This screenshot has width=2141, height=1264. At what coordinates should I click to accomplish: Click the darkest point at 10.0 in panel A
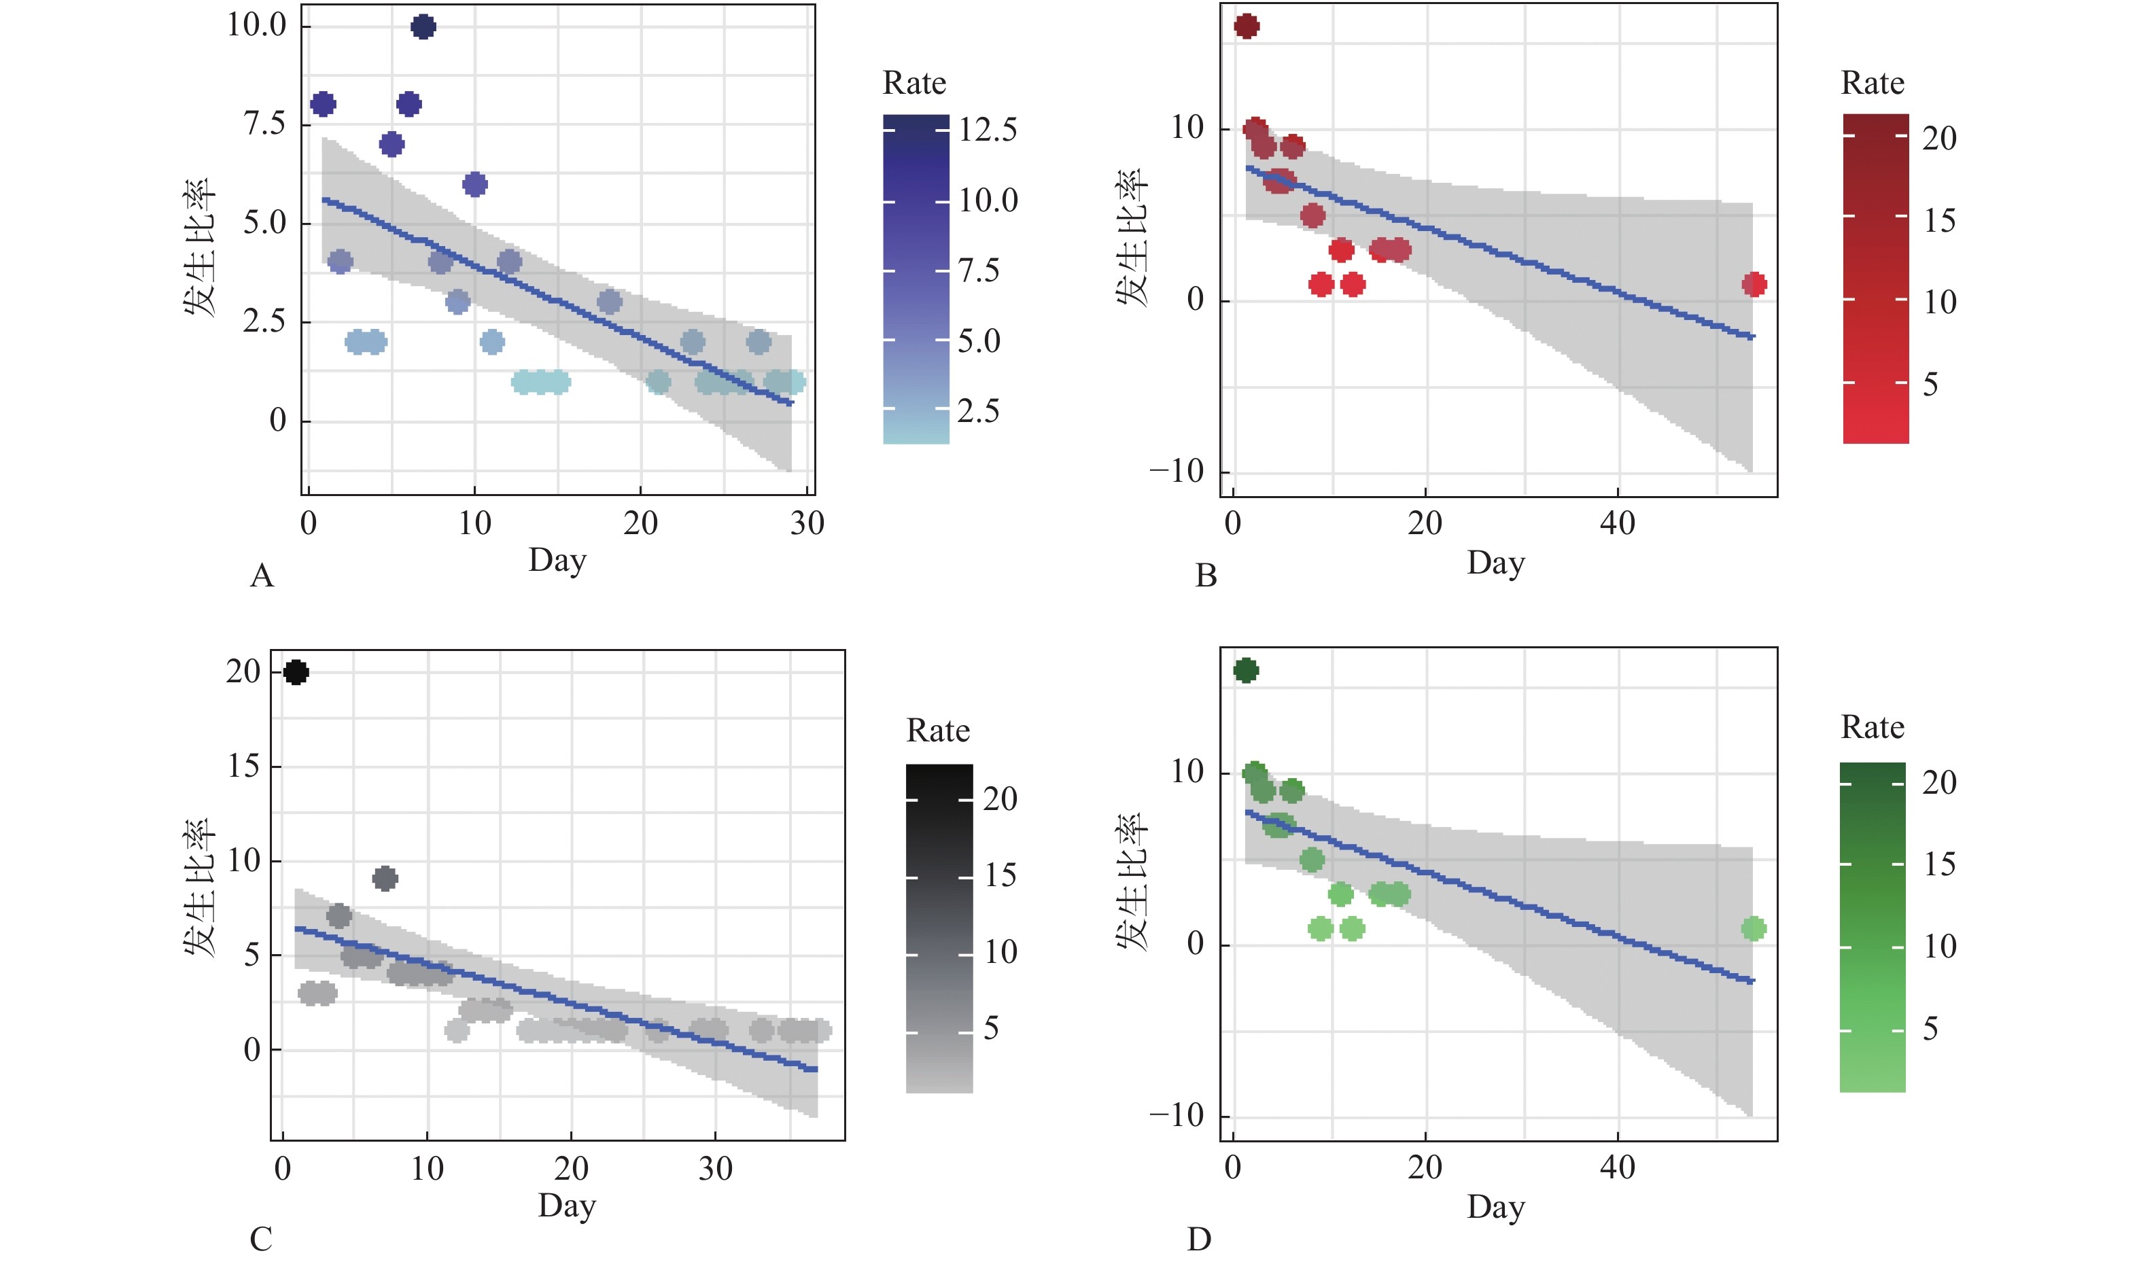[x=423, y=27]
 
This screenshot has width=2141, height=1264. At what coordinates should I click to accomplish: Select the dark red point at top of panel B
[x=1246, y=27]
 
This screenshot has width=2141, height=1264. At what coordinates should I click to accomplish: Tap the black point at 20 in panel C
[x=296, y=672]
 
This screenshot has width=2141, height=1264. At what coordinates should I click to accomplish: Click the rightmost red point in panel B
[x=1754, y=285]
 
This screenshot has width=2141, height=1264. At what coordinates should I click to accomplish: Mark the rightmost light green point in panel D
[x=1754, y=928]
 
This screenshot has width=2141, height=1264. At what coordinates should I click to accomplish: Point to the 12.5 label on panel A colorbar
[x=988, y=130]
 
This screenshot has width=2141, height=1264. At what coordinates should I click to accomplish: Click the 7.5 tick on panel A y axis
[x=265, y=124]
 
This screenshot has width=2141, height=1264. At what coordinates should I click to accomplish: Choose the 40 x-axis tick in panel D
[x=1616, y=1167]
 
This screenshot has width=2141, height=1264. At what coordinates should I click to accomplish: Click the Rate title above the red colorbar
[x=1872, y=84]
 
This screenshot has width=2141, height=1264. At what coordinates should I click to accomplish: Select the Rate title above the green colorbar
[x=1872, y=727]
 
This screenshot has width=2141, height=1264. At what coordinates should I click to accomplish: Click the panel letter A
[x=262, y=577]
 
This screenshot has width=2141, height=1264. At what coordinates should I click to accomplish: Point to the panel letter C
[x=260, y=1238]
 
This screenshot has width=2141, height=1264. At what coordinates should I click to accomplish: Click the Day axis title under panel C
[x=566, y=1207]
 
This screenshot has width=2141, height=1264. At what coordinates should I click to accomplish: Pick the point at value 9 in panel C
[x=385, y=878]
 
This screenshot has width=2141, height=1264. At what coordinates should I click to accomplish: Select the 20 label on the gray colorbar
[x=1000, y=799]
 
